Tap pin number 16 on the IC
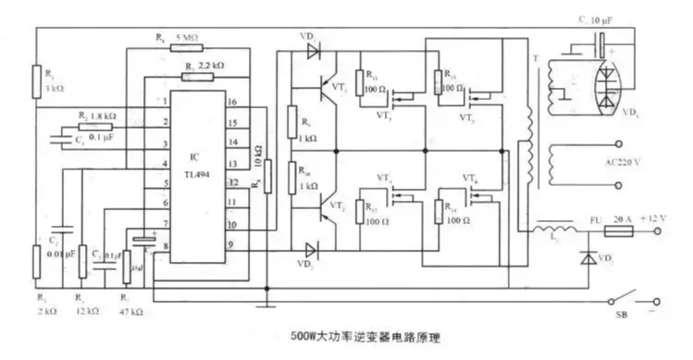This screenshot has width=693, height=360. coord(232,102)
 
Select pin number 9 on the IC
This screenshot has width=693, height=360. coord(232,244)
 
